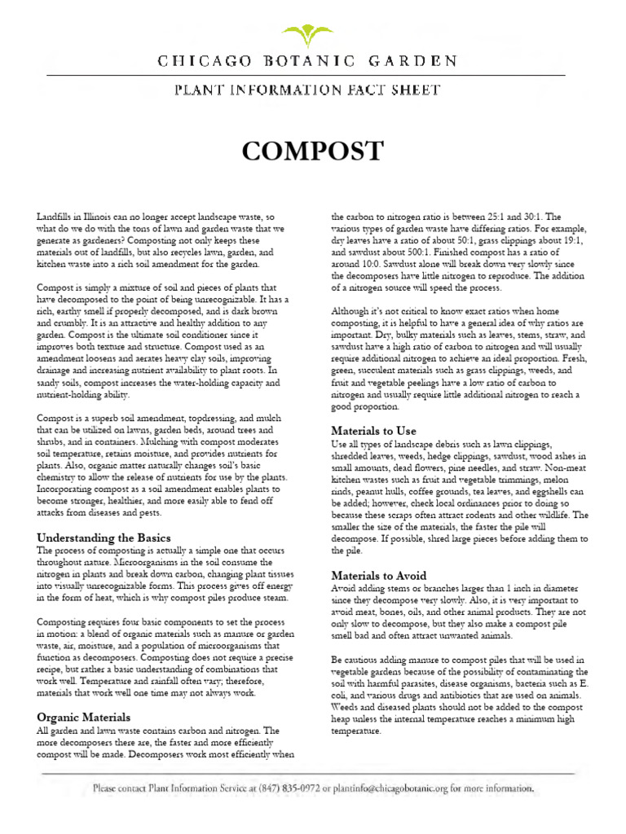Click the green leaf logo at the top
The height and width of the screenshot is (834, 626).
[312, 34]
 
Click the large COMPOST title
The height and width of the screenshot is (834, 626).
[312, 151]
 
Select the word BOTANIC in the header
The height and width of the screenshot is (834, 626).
[315, 61]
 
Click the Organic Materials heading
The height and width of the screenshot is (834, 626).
[83, 718]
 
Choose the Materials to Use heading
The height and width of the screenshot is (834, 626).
[373, 430]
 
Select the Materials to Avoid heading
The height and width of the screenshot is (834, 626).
[378, 575]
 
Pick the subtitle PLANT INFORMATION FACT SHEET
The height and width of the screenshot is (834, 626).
[312, 90]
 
